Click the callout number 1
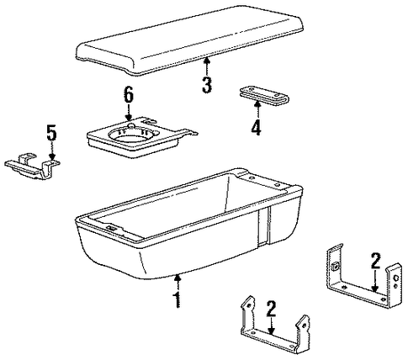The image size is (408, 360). (178, 299)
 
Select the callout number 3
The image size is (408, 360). (207, 85)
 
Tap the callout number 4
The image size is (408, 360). (256, 127)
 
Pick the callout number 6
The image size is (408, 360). (129, 95)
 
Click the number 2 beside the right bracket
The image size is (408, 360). (375, 261)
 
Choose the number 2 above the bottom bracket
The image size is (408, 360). (271, 309)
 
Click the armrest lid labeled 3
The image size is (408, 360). (190, 40)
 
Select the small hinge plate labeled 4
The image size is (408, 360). (264, 96)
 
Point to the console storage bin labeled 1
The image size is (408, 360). (188, 225)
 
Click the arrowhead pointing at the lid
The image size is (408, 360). (207, 59)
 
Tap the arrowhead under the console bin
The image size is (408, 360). (177, 278)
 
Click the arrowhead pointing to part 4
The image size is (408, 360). (257, 104)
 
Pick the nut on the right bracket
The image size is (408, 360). (334, 267)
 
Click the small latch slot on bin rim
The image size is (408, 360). (112, 228)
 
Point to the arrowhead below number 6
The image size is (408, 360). (129, 119)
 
